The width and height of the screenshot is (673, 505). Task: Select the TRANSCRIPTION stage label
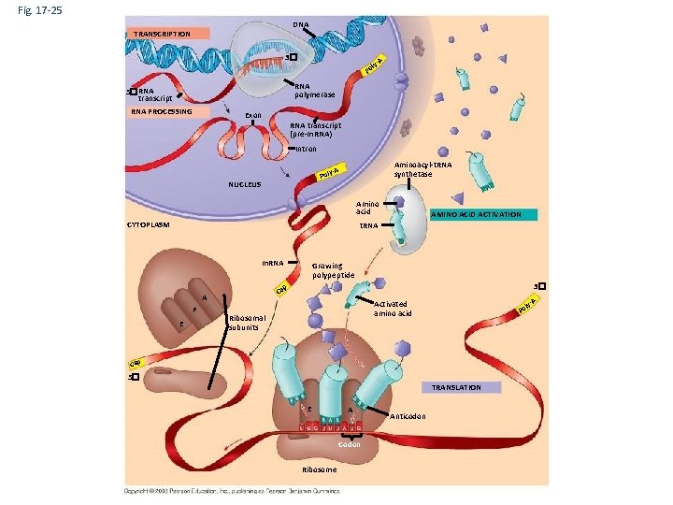[162, 35]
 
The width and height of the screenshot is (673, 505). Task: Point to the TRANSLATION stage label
[457, 387]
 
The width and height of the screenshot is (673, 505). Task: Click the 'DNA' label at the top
[300, 24]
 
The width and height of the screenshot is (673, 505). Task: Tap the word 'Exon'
[252, 117]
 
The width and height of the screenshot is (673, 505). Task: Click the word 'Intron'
[308, 149]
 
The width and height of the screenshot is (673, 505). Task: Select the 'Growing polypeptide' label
[334, 270]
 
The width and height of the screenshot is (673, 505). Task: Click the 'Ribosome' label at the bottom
[320, 469]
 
